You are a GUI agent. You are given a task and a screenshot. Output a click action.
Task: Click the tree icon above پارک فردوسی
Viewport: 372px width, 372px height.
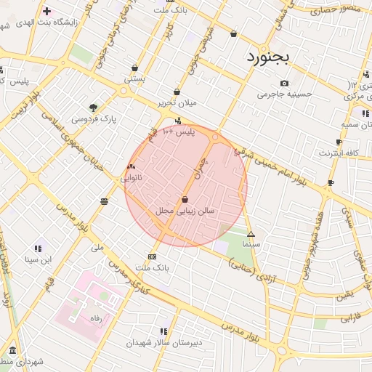point(93,107)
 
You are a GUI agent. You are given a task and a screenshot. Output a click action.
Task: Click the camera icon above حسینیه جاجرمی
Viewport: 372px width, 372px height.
point(284,84)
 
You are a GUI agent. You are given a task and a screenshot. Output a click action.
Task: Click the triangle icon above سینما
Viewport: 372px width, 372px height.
point(251,234)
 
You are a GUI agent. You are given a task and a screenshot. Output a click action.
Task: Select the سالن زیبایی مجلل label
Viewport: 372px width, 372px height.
point(185,211)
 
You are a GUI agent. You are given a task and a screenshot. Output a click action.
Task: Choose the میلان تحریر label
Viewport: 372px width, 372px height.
point(178,102)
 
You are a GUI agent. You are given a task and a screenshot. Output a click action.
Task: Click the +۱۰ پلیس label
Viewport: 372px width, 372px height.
point(178,132)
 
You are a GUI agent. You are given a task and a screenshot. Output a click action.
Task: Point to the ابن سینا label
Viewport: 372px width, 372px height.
point(39,259)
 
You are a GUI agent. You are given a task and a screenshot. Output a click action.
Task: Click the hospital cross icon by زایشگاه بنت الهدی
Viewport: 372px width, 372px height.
point(47,12)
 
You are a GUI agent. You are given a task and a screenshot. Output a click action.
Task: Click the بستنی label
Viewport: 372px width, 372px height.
point(134,78)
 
